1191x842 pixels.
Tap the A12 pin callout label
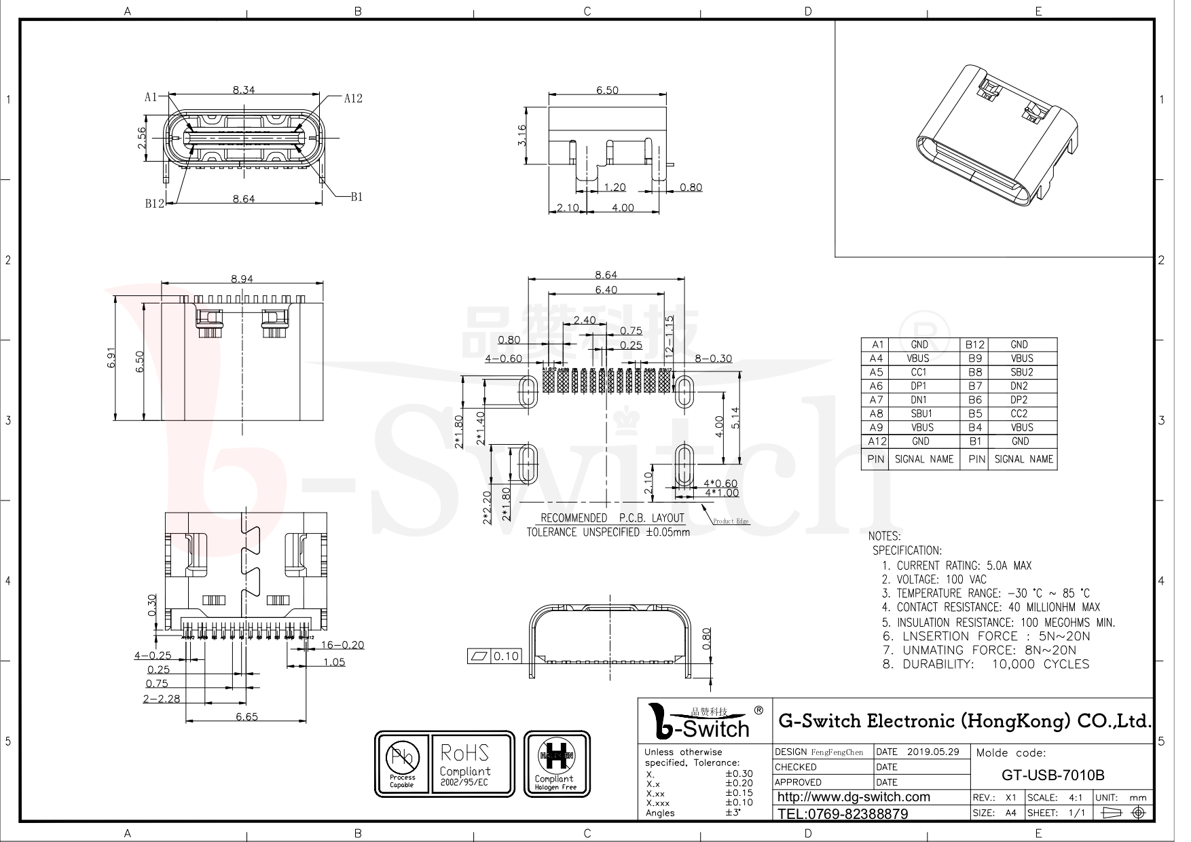352,98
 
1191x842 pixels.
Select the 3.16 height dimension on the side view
522,134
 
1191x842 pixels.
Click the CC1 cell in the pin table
918,372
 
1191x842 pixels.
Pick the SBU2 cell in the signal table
1021,372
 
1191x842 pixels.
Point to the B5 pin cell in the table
975,414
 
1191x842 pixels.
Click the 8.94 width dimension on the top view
242,278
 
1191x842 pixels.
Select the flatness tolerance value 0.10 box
506,656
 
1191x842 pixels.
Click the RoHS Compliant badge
471,764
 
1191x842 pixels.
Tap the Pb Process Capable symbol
402,764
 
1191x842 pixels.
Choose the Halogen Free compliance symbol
555,764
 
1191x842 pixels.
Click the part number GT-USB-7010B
1053,775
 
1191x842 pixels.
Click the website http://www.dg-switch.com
853,797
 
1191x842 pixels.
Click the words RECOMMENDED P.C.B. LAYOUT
612,518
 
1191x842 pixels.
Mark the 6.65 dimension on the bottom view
246,716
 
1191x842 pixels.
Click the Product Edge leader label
731,521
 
